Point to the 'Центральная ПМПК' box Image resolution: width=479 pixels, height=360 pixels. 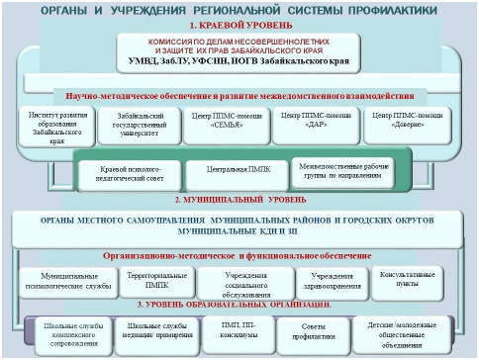pyautogui.click(x=238, y=172)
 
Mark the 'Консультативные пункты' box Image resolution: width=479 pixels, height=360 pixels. pyautogui.click(x=409, y=281)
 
